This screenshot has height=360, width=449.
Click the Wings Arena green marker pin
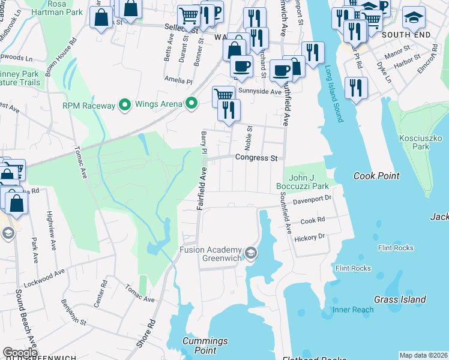pyautogui.click(x=191, y=104)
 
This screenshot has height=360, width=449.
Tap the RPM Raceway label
pyautogui.click(x=89, y=106)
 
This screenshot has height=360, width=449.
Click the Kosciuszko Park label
pyautogui.click(x=414, y=142)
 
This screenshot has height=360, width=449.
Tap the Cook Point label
pyautogui.click(x=376, y=176)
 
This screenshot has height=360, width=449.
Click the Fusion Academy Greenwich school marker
pyautogui.click(x=250, y=254)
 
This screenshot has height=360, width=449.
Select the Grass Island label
pyautogui.click(x=400, y=299)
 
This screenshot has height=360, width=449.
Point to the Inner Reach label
pyautogui.click(x=354, y=310)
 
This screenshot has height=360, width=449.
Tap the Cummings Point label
pyautogui.click(x=205, y=345)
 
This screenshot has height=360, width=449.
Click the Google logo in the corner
pyautogui.click(x=20, y=353)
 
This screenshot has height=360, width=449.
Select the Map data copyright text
pyautogui.click(x=423, y=355)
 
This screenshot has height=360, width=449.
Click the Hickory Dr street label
pyautogui.click(x=309, y=237)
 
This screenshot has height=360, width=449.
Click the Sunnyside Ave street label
pyautogui.click(x=259, y=92)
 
